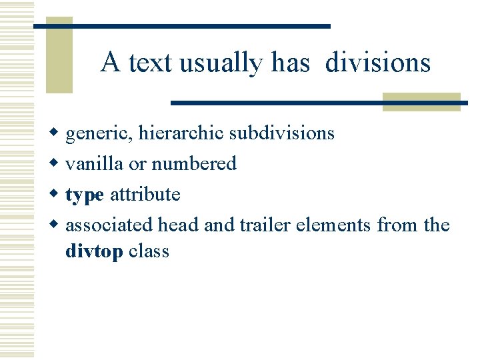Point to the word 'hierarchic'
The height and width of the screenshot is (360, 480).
pyautogui.click(x=181, y=134)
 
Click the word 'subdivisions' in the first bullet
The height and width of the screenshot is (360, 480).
pyautogui.click(x=281, y=133)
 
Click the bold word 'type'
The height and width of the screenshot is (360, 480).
pyautogui.click(x=85, y=195)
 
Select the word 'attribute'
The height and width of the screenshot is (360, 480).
pyautogui.click(x=145, y=195)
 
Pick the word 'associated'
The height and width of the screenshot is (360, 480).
pyautogui.click(x=109, y=225)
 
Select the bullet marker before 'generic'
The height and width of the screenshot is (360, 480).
pyautogui.click(x=56, y=133)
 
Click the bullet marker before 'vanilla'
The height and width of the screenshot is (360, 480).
pyautogui.click(x=56, y=164)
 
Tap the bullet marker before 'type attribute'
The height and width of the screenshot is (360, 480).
pyautogui.click(x=56, y=195)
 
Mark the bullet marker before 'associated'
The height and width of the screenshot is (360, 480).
pyautogui.click(x=56, y=225)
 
